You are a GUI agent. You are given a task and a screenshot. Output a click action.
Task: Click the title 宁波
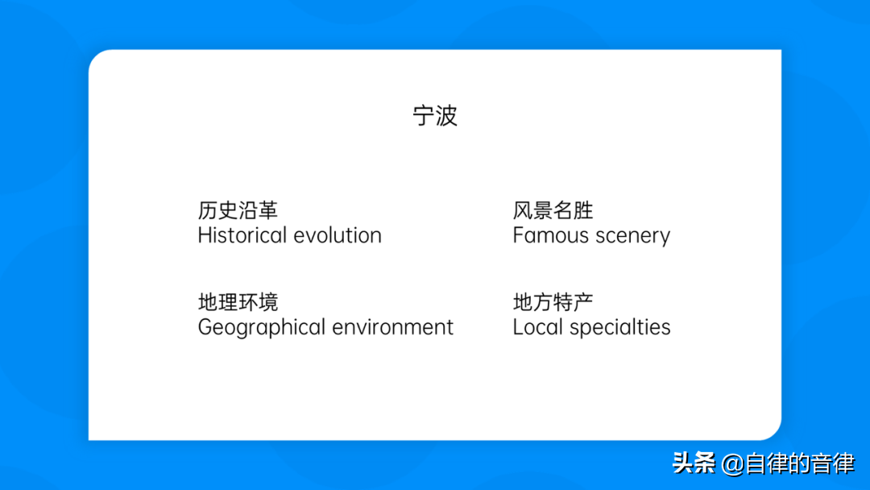(435, 116)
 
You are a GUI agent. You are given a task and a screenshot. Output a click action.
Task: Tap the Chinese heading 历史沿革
(238, 210)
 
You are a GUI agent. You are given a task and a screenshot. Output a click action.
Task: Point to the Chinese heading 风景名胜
(553, 210)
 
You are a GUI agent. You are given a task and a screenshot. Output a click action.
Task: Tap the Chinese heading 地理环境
(238, 302)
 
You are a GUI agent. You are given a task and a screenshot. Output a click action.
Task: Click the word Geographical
(262, 328)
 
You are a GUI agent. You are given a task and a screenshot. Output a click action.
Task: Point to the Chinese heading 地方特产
(553, 302)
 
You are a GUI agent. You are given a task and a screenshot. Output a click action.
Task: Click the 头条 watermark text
(694, 463)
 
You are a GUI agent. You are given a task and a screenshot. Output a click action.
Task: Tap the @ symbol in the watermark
(732, 464)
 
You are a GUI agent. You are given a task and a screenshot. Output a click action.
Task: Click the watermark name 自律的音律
(800, 463)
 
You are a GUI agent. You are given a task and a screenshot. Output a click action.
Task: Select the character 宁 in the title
(424, 116)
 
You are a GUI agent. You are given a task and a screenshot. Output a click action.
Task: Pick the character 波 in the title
(446, 116)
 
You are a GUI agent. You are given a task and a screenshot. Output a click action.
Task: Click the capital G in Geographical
(206, 327)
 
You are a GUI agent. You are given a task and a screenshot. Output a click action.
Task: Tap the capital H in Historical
(205, 235)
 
